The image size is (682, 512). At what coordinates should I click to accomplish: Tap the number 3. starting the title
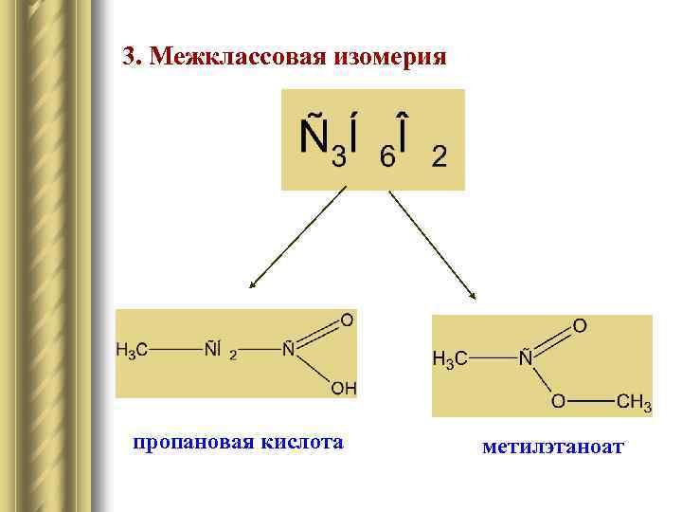(133, 58)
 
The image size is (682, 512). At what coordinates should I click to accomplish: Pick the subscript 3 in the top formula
(338, 156)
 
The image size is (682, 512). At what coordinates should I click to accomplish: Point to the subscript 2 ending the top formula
(440, 156)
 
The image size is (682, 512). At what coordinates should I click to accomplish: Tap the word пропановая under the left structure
(184, 443)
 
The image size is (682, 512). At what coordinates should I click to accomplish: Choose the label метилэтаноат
(552, 446)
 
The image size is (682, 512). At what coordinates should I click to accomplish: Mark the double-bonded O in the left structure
(347, 320)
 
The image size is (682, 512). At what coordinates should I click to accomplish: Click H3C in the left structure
(132, 351)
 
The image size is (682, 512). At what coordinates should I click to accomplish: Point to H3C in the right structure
(449, 359)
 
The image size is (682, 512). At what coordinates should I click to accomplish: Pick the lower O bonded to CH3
(560, 402)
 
